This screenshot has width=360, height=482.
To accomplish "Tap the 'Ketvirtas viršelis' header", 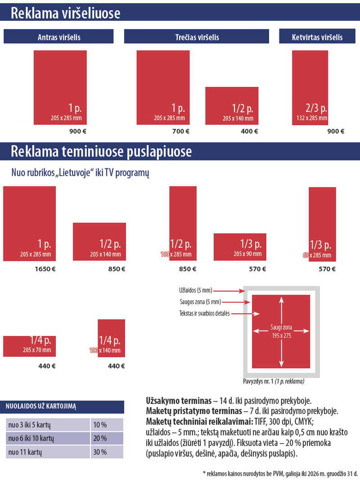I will (x=317, y=37).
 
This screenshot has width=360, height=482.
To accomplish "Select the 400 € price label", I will (x=249, y=132).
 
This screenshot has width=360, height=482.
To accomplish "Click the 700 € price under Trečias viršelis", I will (x=181, y=132).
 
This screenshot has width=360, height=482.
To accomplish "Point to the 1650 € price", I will (x=45, y=269).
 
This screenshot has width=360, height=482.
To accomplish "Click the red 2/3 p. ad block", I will (x=310, y=87).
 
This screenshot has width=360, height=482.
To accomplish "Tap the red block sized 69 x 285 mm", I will (x=322, y=223).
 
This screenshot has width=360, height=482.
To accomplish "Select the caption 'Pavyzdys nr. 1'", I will (x=258, y=381).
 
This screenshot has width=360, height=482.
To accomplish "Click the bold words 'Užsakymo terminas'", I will (x=179, y=400).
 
